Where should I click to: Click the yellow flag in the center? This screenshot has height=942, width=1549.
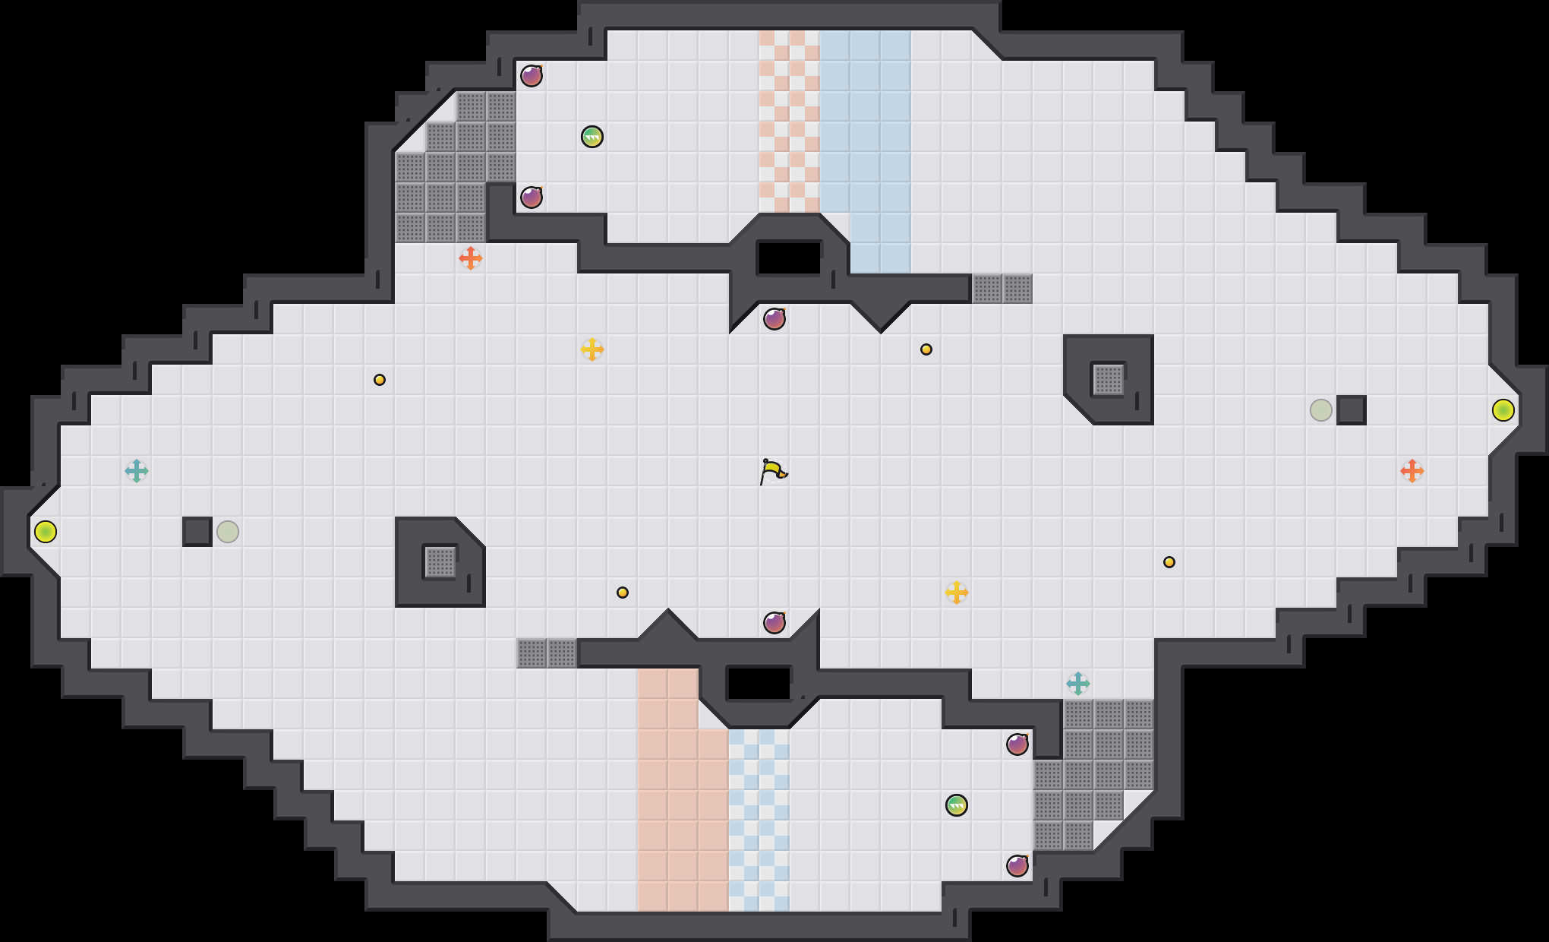point(773,471)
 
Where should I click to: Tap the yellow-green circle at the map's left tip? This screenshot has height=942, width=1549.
point(46,532)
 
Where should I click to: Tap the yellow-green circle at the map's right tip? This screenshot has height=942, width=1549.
point(1503,410)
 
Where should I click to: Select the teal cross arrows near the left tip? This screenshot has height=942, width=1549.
point(137,471)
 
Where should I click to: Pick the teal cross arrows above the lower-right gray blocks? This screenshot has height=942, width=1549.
point(1078,684)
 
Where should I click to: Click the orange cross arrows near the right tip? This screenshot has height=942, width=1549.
point(1412,471)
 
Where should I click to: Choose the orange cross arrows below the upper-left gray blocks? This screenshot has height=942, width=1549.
point(471,258)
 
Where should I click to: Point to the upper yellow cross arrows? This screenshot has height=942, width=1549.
point(592,349)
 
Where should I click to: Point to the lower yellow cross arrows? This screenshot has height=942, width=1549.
point(957,593)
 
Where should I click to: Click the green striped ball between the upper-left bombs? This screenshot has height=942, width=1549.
point(592,137)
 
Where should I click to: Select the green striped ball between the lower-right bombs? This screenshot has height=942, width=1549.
point(957,805)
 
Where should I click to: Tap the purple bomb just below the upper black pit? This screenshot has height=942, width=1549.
point(774,319)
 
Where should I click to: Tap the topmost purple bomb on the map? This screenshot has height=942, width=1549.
point(532,76)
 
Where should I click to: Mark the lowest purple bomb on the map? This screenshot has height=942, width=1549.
point(1017,866)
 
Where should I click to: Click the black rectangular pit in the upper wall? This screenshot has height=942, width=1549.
point(790,258)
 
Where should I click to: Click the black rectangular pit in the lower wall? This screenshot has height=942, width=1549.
point(759,684)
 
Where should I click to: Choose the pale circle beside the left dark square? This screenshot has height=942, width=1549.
point(228,532)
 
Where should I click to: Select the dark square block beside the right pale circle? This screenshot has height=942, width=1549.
point(1352,410)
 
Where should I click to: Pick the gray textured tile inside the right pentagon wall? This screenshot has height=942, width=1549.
point(1109,380)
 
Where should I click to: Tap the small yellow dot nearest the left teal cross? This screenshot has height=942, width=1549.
point(380,380)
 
